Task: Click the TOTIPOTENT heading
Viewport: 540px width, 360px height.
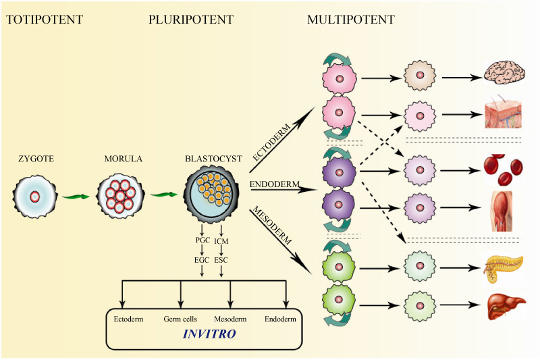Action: [x=45, y=20]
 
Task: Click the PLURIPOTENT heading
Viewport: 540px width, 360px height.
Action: [x=191, y=20]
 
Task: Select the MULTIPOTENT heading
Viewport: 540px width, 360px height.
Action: [x=351, y=20]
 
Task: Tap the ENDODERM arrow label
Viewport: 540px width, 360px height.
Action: [x=271, y=183]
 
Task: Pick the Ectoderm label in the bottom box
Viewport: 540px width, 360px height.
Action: [x=129, y=318]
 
